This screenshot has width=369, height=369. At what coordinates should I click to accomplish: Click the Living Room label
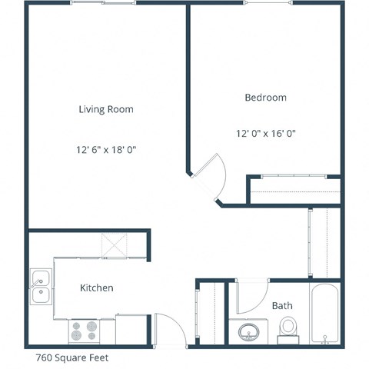[106, 109]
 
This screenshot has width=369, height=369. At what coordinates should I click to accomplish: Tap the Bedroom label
[265, 98]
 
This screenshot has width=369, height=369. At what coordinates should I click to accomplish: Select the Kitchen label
[97, 288]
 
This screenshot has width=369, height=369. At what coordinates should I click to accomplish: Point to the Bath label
[282, 306]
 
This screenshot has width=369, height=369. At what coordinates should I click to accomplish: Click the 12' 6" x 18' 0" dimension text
[106, 149]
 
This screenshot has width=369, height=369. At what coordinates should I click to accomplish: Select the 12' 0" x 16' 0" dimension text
[265, 133]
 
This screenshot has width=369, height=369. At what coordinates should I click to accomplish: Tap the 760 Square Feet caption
[71, 357]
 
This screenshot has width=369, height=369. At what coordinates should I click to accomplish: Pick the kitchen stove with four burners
[85, 331]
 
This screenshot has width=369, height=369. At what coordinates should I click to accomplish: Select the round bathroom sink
[248, 332]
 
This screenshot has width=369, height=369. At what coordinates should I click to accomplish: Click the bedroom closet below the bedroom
[294, 190]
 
